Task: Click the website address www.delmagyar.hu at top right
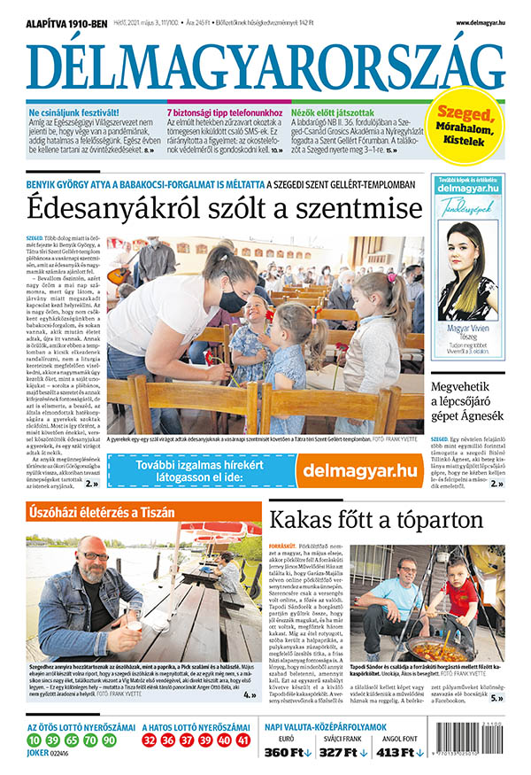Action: [481, 22]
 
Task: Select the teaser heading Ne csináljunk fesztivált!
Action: [75, 113]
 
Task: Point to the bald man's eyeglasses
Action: [95, 556]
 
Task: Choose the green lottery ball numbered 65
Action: [70, 740]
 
